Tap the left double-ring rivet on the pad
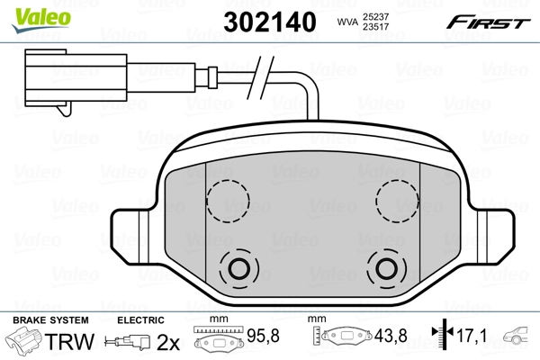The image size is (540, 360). [x=238, y=266]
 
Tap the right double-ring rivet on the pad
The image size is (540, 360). [x=387, y=266]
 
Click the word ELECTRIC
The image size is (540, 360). [x=140, y=320]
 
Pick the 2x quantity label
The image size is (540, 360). [x=168, y=342]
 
